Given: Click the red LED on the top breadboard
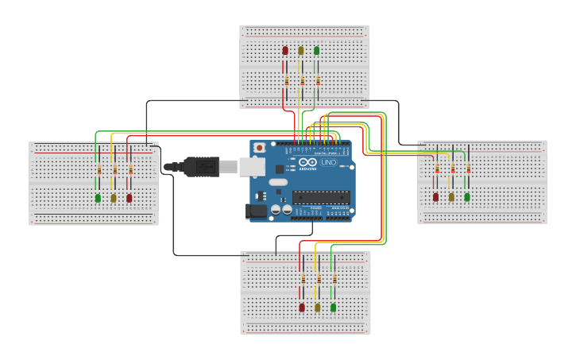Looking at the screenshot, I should pos(285,50).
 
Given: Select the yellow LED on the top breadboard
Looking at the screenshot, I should pos(300,50).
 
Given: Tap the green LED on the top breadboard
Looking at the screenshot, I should pos(316,50).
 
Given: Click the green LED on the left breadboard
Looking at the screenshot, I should pos(98,198).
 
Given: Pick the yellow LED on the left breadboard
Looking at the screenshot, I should pos(114,198).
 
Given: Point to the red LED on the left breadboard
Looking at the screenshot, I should pos(129,198).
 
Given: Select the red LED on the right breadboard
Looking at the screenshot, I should pos(435,196).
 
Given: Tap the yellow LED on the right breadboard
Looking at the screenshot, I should pos(451,196).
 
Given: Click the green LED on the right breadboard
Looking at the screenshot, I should pos(467,196).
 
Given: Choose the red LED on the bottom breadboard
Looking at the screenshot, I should pos(302,307).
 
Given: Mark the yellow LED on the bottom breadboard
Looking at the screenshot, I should pos(318,307).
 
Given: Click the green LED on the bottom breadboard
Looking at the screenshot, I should pos(333,307).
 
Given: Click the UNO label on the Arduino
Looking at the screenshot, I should pos(328,163).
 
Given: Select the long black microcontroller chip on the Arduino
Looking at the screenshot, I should pos(320,197).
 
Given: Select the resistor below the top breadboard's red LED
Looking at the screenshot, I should pos(286,81).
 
